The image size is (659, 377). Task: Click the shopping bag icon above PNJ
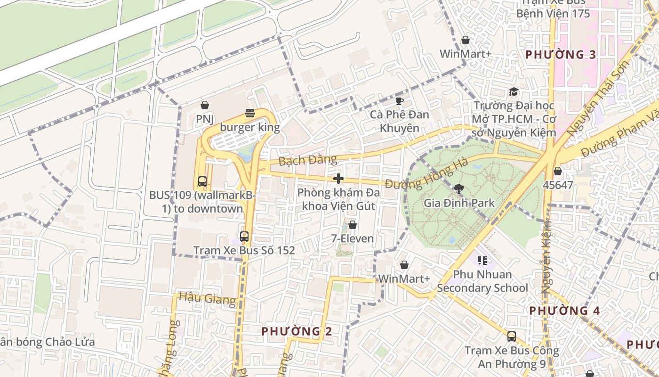205,105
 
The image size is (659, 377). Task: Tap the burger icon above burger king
250,113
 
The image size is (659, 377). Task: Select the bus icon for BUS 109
202,181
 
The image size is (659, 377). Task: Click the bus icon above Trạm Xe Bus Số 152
244,237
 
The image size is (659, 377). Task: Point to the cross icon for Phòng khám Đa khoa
338,179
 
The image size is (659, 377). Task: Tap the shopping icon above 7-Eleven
352,225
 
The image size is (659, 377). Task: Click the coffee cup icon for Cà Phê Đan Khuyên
399,101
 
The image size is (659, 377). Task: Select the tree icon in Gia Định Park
458,189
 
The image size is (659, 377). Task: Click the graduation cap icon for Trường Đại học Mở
514,92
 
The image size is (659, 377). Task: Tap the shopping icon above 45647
558,171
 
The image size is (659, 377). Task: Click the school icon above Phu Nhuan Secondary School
482,261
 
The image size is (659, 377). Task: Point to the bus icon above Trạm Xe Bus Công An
512,336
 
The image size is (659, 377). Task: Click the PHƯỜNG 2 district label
297,331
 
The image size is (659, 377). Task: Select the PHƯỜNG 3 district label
561,55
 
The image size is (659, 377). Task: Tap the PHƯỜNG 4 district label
564,311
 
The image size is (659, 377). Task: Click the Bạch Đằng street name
308,160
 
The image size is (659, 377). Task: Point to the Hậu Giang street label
207,299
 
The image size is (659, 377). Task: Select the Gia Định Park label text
459,203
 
